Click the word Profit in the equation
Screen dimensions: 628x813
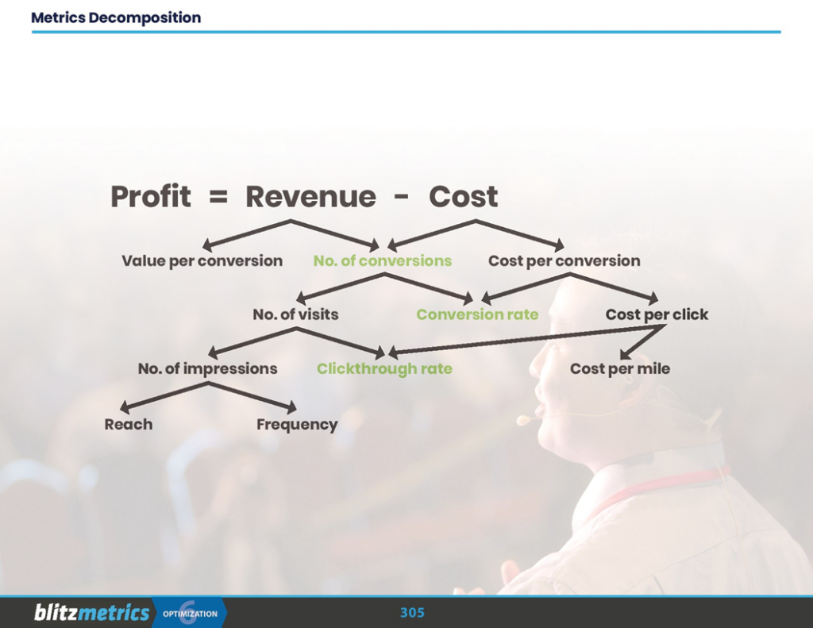click(150, 197)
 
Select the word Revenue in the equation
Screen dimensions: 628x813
click(310, 197)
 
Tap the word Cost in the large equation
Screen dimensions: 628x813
click(464, 197)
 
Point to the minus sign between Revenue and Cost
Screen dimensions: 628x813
click(402, 198)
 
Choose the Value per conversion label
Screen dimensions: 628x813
click(202, 261)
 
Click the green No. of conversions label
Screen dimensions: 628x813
click(382, 261)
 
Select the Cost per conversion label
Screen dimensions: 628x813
click(564, 261)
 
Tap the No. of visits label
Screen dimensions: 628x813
click(295, 314)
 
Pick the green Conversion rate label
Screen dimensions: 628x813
click(477, 314)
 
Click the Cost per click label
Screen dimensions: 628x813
click(657, 314)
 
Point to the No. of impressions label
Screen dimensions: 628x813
click(207, 369)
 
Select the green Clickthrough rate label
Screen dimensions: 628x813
click(384, 369)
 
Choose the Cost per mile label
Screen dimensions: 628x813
click(619, 369)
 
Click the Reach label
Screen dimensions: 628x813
click(128, 425)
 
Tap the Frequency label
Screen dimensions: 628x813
click(297, 425)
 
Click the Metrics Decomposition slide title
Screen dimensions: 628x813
click(116, 17)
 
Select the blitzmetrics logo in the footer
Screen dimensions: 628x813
click(91, 613)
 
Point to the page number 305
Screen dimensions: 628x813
click(412, 613)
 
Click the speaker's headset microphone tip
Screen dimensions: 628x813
click(523, 420)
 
